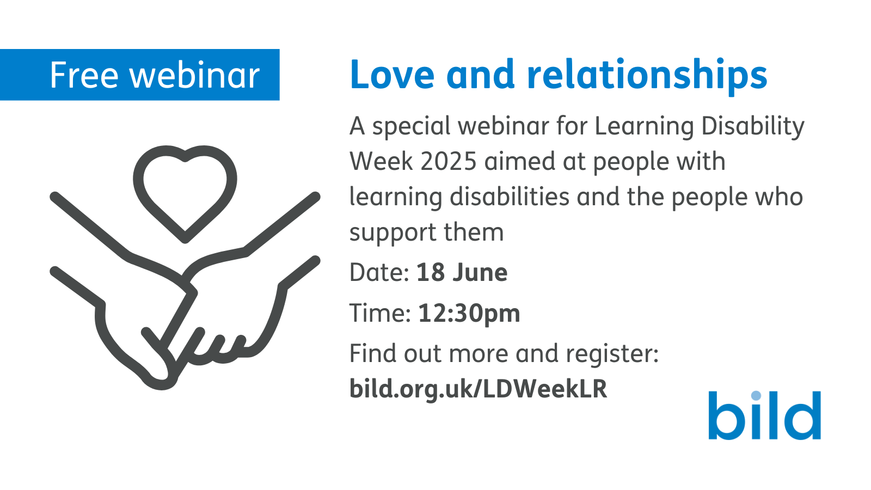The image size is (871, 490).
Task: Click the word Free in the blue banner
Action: (x=83, y=75)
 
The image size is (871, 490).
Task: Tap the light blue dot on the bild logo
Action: (x=756, y=395)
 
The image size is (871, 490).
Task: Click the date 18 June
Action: (x=462, y=273)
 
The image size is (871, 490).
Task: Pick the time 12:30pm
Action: (x=469, y=314)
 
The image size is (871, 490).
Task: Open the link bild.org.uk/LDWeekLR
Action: (x=478, y=389)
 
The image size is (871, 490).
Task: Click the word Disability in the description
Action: (x=752, y=126)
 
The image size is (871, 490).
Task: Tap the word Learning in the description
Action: (x=644, y=126)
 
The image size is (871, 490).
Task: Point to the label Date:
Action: (x=379, y=273)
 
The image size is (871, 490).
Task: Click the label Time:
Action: (x=379, y=314)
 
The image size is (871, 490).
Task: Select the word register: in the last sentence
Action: (x=612, y=354)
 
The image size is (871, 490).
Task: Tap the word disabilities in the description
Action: (x=509, y=197)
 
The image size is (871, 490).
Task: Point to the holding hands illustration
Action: (x=185, y=305)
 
